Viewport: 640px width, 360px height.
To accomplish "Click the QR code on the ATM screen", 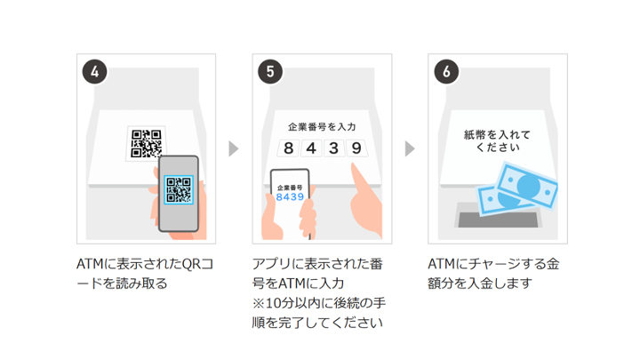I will coord(147,142).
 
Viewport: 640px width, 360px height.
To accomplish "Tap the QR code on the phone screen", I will coord(180,188).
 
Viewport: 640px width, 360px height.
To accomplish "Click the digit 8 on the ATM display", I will coord(287,148).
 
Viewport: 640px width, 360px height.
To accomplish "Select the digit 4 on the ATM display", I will coord(310,148).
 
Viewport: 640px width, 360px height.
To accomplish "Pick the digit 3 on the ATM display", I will coord(333,148).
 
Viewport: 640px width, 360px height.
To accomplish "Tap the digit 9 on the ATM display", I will coord(356,148).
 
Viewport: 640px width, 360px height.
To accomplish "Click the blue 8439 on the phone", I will coord(290,196).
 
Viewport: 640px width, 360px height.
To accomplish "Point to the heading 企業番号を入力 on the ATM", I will coord(321,127).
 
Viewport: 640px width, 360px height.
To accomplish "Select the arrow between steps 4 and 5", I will coord(234,148).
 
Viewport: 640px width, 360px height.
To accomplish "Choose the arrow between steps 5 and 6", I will coord(409,148).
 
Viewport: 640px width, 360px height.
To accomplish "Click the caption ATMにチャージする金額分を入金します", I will coord(490,274).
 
